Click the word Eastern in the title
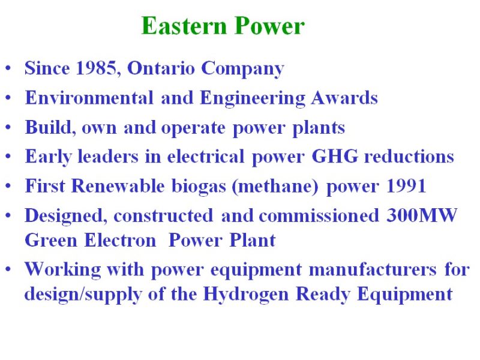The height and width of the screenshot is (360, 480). [184, 26]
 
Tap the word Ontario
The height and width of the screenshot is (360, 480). [161, 68]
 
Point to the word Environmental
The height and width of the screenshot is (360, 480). [89, 98]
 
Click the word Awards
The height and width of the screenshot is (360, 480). [344, 98]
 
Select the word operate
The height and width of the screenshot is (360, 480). [193, 128]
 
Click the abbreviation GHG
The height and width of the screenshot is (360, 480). [335, 156]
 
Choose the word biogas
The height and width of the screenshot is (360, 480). [199, 186]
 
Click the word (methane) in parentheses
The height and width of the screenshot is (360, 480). [275, 186]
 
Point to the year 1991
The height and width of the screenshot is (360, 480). [406, 186]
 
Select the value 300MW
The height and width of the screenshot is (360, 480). [422, 215]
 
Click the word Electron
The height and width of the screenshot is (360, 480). [120, 240]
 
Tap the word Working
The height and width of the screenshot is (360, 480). [63, 269]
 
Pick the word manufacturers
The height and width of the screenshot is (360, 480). [373, 269]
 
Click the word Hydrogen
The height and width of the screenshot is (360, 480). [246, 295]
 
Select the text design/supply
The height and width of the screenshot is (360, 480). [83, 295]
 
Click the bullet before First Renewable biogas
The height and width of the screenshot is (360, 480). [8, 186]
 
